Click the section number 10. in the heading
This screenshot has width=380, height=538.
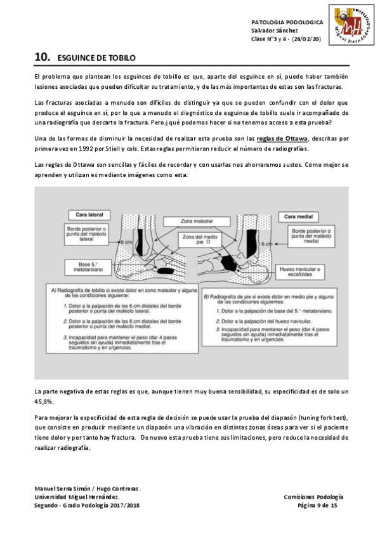[x=43, y=58]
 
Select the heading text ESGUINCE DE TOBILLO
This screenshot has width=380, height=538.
[x=96, y=58]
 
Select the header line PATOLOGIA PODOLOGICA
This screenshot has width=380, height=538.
[x=287, y=22]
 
